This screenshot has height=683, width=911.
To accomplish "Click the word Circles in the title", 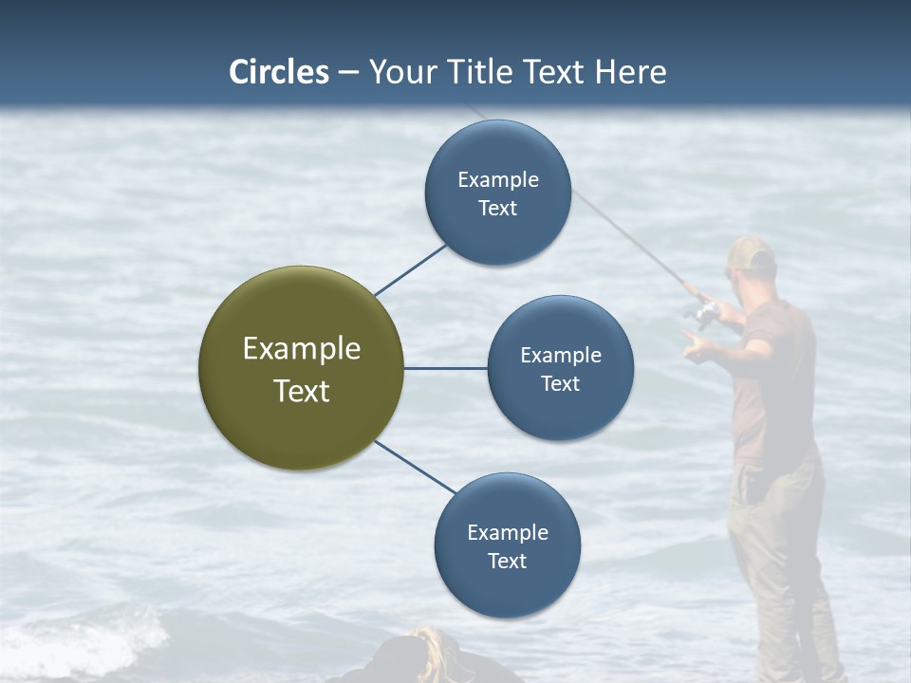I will tap(279, 72).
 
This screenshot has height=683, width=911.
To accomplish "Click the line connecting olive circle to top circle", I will tap(410, 269).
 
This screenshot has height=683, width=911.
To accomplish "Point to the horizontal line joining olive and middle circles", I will tap(446, 368).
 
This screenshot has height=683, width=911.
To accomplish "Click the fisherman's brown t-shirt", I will tap(773, 379).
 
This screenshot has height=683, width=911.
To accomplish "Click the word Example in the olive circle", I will tap(302, 348).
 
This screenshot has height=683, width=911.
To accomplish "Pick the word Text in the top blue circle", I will tap(498, 209).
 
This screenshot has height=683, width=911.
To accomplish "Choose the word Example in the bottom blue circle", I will tap(508, 532).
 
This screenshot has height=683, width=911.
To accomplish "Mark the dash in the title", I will tap(348, 73).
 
